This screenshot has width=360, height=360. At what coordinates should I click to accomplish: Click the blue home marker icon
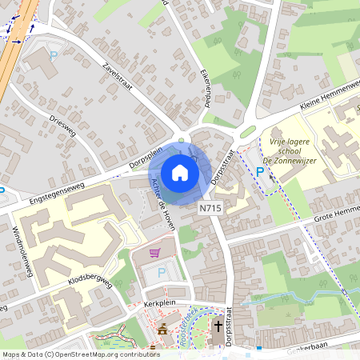(180, 173)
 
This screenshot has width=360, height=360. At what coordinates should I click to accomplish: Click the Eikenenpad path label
(206, 81)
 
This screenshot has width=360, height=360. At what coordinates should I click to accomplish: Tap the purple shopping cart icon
(155, 253)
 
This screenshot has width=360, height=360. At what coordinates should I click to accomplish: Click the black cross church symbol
(218, 325)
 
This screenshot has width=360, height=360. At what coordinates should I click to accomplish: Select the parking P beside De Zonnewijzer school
(260, 171)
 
